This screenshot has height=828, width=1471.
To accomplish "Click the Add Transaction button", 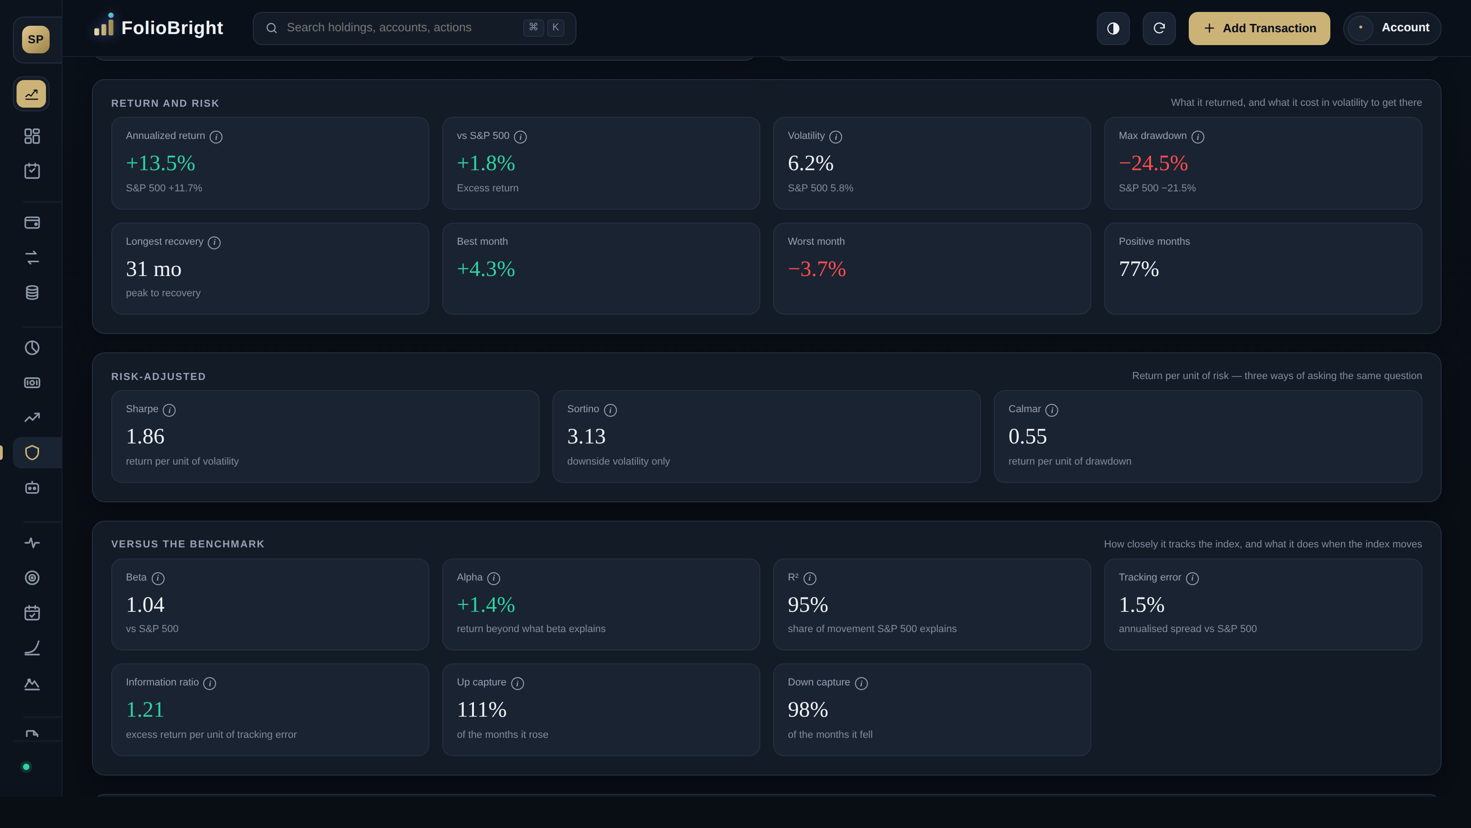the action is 1259,28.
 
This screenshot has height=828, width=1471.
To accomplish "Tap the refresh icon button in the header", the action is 1158,28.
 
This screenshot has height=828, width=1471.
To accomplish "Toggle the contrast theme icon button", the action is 1113,28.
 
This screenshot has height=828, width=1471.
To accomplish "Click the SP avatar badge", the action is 35,40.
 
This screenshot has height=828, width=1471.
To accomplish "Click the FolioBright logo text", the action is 172,28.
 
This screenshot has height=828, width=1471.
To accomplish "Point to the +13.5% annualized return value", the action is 160,163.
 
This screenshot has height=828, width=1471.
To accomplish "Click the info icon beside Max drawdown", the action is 1197,137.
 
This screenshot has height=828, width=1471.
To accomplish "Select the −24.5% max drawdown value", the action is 1153,163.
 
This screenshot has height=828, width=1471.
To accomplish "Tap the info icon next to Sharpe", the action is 169,410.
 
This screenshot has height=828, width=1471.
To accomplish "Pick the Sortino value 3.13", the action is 586,437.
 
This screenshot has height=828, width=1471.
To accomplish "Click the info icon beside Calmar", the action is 1051,410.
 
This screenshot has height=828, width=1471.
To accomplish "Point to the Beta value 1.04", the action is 145,604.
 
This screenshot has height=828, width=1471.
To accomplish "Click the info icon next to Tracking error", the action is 1192,578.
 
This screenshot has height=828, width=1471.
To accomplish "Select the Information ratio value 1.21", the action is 145,710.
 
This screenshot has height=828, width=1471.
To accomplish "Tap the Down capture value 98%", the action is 808,710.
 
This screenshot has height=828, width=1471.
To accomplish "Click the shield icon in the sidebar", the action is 32,453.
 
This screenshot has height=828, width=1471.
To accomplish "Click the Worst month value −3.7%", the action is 816,269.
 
